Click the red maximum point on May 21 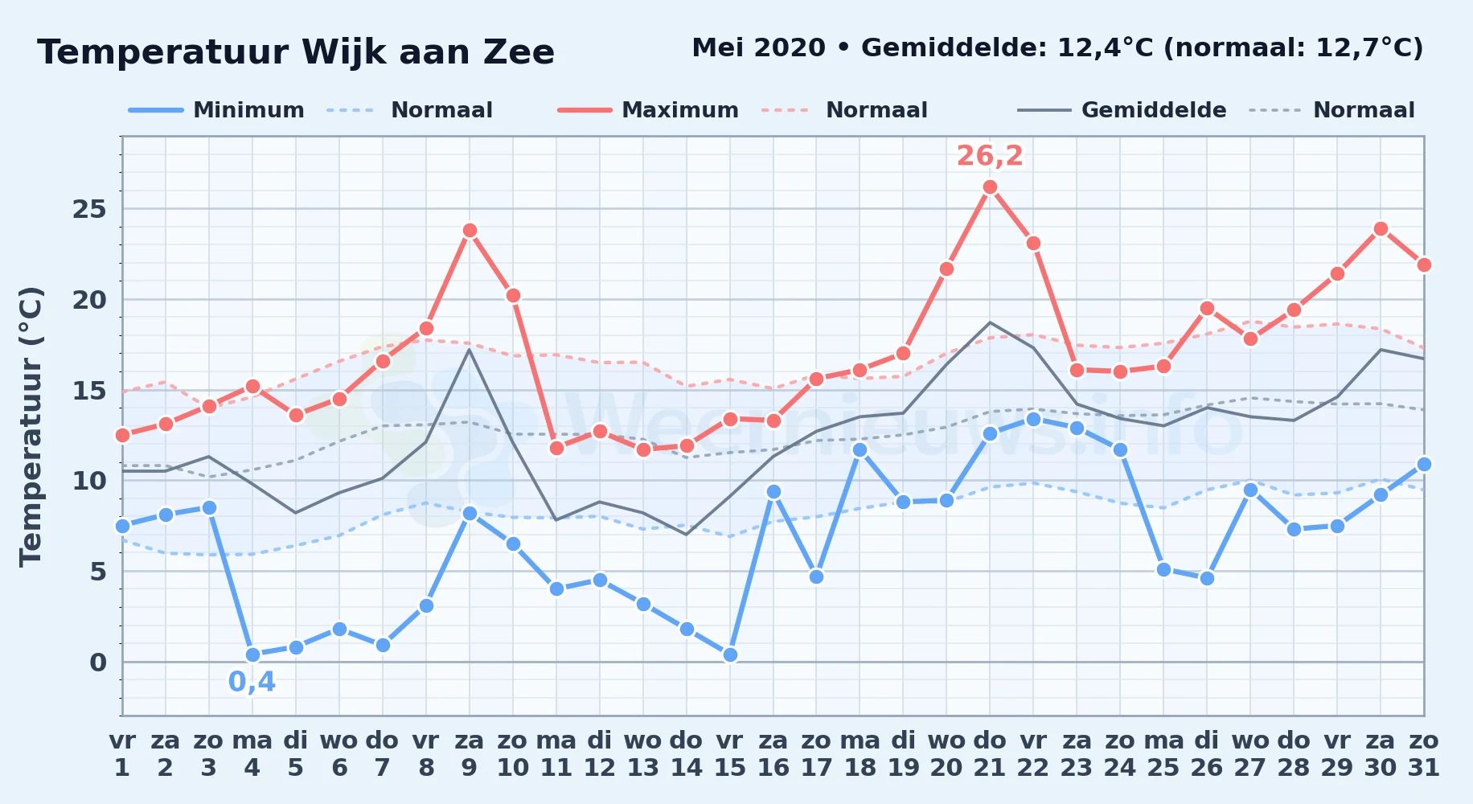tap(990, 187)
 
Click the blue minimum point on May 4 tap(252, 655)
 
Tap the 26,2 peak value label tap(990, 155)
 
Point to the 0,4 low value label tap(252, 682)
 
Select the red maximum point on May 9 tap(470, 231)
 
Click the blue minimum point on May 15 tap(730, 655)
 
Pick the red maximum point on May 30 tap(1381, 229)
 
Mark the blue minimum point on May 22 tap(1033, 419)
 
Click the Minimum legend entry tap(216, 110)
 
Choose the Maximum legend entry tap(648, 110)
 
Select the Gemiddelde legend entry tap(1122, 110)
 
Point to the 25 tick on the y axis tap(89, 210)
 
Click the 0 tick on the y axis tap(98, 662)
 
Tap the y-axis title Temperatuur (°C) tap(31, 427)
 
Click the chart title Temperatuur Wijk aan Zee tap(296, 52)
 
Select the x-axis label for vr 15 tap(730, 753)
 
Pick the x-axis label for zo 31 tap(1424, 753)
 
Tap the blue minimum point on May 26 tap(1207, 578)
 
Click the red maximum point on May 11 tap(556, 448)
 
